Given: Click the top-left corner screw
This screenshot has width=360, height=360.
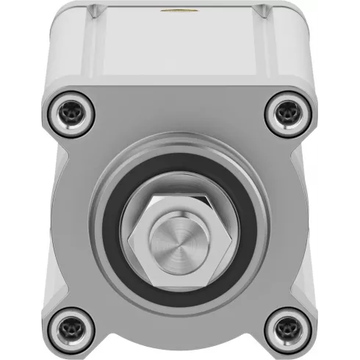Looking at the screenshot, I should point(72,111).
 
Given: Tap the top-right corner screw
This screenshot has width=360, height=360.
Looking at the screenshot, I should point(287,111).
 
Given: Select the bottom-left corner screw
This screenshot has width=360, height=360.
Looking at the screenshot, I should point(72,325).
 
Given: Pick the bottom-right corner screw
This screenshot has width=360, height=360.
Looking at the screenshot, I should point(287,325).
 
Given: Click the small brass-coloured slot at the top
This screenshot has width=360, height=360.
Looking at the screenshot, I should point(179,10).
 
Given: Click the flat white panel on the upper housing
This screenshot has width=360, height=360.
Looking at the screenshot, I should point(179,48).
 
